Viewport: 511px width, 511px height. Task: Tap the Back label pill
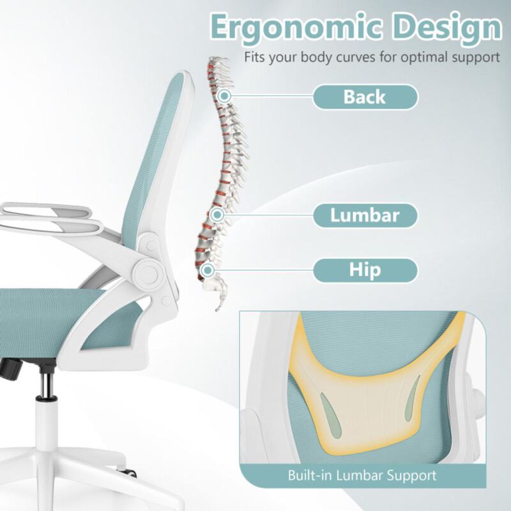tap(365, 97)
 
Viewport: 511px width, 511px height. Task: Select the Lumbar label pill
tap(365, 215)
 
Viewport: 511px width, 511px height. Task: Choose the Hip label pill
tap(365, 270)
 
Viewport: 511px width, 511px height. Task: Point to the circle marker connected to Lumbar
tap(217, 215)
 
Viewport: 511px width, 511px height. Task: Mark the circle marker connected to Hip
tap(206, 270)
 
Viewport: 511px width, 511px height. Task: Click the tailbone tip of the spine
tap(218, 307)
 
